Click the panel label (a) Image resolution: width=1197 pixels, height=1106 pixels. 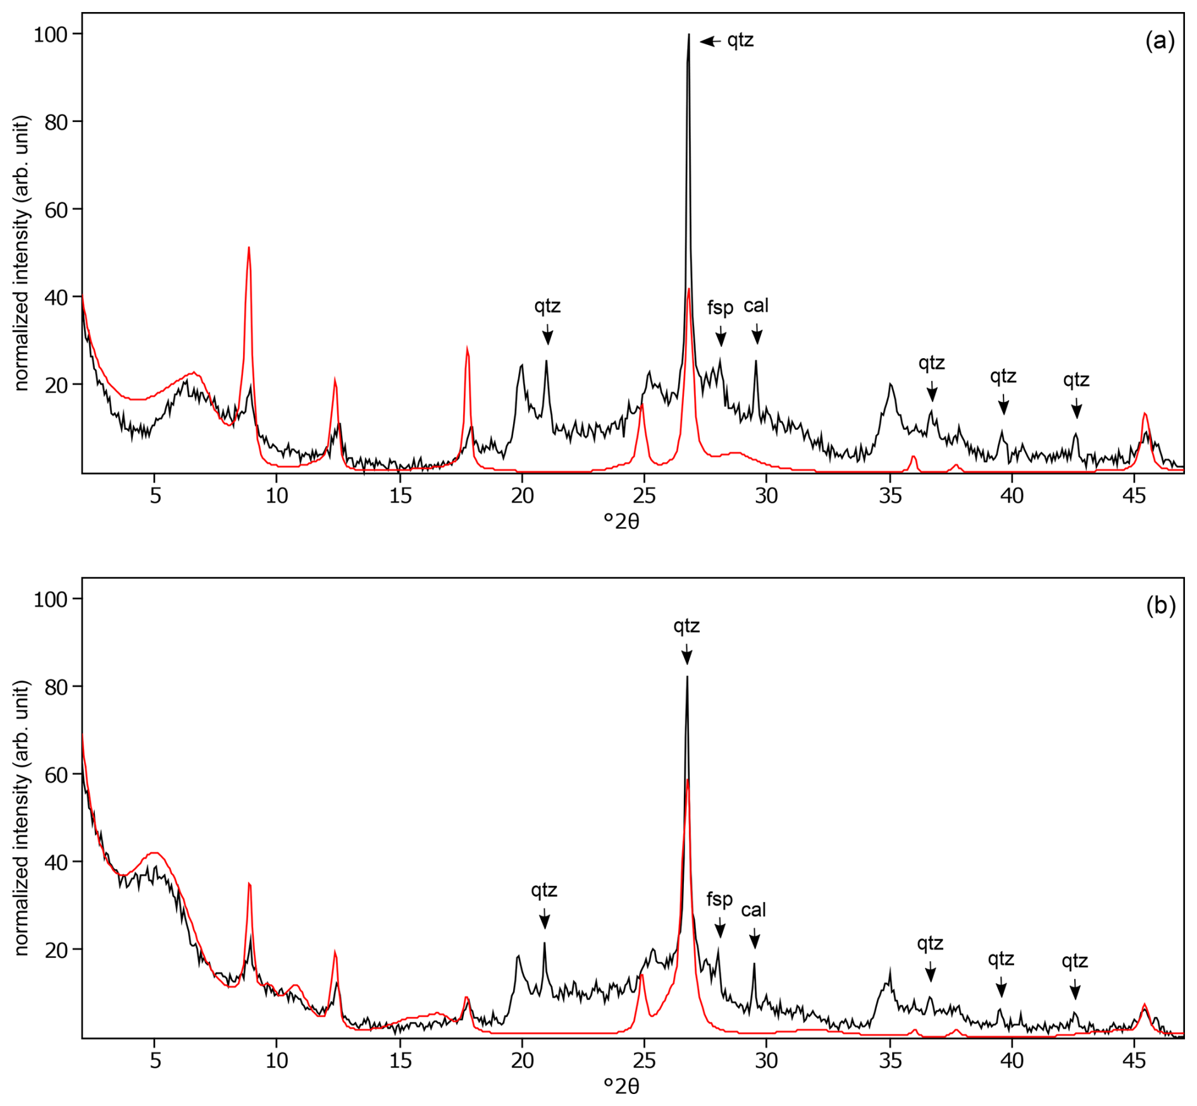click(x=1160, y=41)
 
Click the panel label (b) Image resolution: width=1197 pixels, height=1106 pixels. click(x=1160, y=606)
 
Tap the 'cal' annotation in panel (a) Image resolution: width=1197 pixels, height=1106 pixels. click(x=756, y=306)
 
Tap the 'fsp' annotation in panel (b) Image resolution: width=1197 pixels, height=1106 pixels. click(x=719, y=899)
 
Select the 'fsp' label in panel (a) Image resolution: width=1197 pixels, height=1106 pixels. click(x=720, y=308)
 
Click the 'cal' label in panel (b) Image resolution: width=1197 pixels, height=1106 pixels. click(x=754, y=910)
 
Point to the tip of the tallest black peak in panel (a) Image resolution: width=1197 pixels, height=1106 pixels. click(x=688, y=35)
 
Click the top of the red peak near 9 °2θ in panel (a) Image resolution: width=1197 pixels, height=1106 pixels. click(x=249, y=247)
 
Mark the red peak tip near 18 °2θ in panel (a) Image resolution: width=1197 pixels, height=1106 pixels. click(x=467, y=347)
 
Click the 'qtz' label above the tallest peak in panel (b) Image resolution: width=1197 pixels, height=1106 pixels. click(x=686, y=626)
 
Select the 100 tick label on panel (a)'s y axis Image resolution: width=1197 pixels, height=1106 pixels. click(x=51, y=34)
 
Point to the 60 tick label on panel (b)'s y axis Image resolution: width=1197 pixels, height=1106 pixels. click(x=56, y=774)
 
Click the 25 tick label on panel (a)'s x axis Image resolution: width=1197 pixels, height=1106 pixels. click(x=644, y=495)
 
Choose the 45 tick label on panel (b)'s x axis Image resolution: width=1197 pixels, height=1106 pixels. click(x=1134, y=1060)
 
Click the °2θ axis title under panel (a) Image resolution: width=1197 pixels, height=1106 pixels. click(x=621, y=522)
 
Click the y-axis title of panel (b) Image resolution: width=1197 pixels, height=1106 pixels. click(x=22, y=818)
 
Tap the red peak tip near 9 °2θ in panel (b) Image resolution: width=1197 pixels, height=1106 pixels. click(x=249, y=883)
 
